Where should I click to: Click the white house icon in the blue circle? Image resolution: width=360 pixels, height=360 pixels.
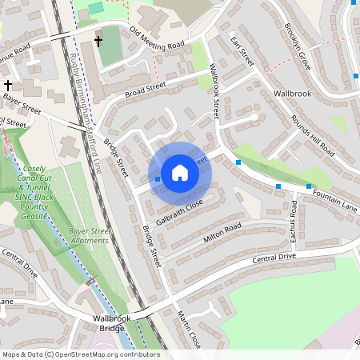click(x=179, y=173)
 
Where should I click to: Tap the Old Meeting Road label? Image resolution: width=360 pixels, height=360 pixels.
click(x=157, y=38)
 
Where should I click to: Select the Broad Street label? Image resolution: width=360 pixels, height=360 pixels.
click(x=145, y=90)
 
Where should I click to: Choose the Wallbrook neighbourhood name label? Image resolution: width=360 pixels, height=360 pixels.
click(x=292, y=94)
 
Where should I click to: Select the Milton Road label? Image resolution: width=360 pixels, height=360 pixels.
click(x=222, y=231)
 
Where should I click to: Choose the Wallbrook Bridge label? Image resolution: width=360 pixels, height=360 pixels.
click(x=108, y=323)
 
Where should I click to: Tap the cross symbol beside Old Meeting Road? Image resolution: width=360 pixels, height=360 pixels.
click(x=98, y=41)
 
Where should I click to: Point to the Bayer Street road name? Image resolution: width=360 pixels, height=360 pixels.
click(x=21, y=100)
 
